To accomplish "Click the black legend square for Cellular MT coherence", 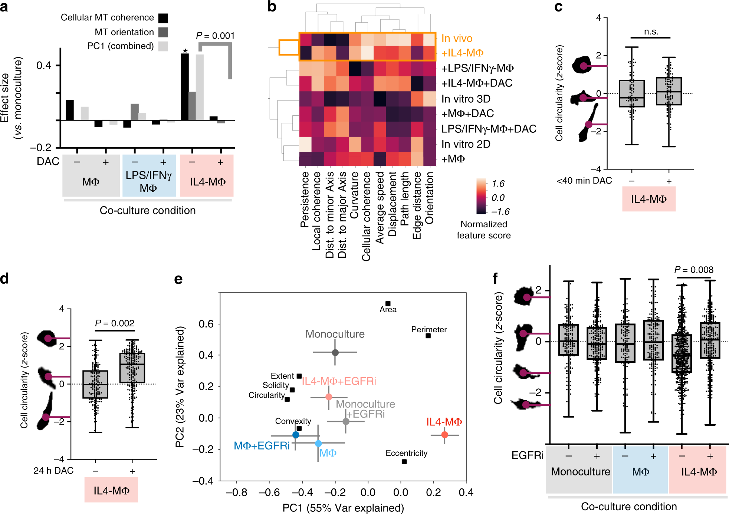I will coord(163,18).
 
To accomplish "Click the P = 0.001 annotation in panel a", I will coord(215,36).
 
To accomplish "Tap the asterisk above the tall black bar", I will coord(185,51).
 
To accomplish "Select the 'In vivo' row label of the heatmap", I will coord(457,39).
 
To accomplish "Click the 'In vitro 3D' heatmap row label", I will coord(466,99).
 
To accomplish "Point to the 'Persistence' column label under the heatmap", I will coord(305,200).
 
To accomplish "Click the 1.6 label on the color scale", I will coord(498,184).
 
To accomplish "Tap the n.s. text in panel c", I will coord(651,32).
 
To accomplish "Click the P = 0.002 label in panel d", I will coord(115,323).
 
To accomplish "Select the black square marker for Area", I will coord(388,304).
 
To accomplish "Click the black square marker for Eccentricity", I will coord(404,462).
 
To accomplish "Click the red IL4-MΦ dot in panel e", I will coord(444,435).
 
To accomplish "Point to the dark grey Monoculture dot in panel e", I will coord(335,352).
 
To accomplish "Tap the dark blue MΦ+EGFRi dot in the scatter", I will coord(296,435).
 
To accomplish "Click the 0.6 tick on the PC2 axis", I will coord(206,324).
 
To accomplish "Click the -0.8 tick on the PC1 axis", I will coord(236,492).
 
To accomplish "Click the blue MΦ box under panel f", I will coord(640,469).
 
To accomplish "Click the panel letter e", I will coord(178,279).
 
